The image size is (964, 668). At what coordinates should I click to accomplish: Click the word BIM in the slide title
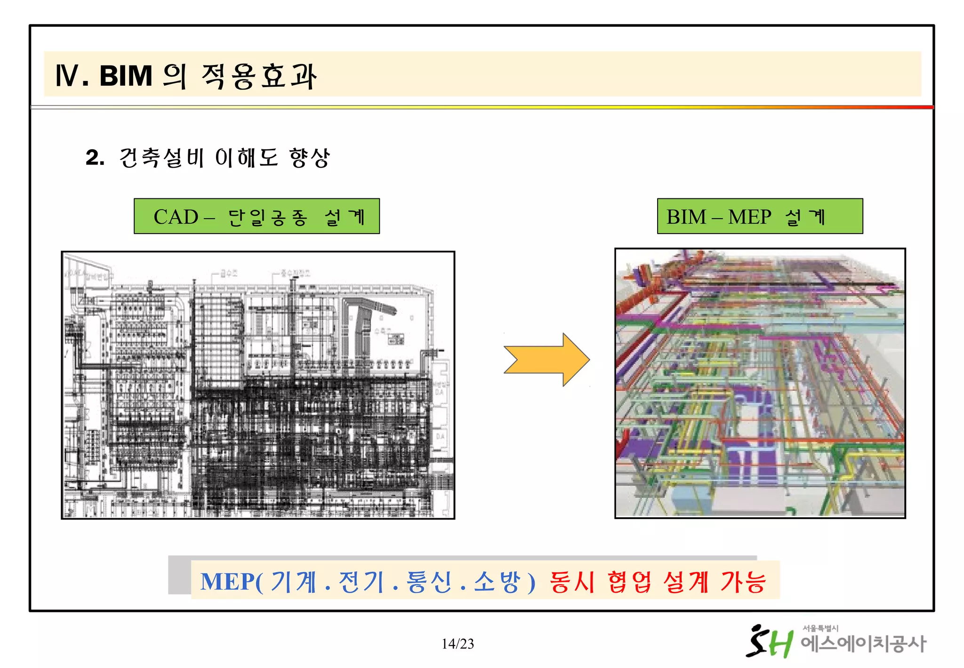pos(126,76)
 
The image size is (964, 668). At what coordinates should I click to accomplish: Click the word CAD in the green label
pos(176,217)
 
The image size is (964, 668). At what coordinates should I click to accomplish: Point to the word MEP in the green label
pos(749,217)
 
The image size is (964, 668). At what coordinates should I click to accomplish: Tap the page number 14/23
pos(458,644)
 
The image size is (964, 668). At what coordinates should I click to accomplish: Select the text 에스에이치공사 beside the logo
pos(863,644)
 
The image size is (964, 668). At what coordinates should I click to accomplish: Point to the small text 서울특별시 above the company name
pos(820,628)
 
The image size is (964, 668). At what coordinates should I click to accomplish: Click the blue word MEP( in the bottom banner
pos(231,582)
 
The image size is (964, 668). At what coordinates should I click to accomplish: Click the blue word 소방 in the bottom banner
pos(496,582)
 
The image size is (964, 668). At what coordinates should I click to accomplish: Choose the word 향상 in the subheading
pos(309,157)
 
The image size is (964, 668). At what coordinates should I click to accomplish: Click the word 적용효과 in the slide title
pos(259,76)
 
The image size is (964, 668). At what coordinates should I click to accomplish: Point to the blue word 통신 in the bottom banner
pos(429,582)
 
